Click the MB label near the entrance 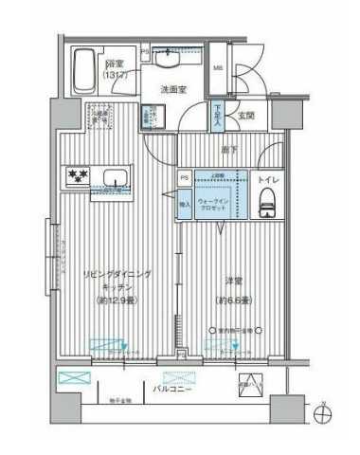[218, 68]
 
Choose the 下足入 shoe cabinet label [218, 116]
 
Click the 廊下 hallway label [229, 150]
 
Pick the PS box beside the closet [183, 177]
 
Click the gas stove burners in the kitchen [76, 176]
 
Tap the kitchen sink [117, 178]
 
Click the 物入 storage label [184, 202]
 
